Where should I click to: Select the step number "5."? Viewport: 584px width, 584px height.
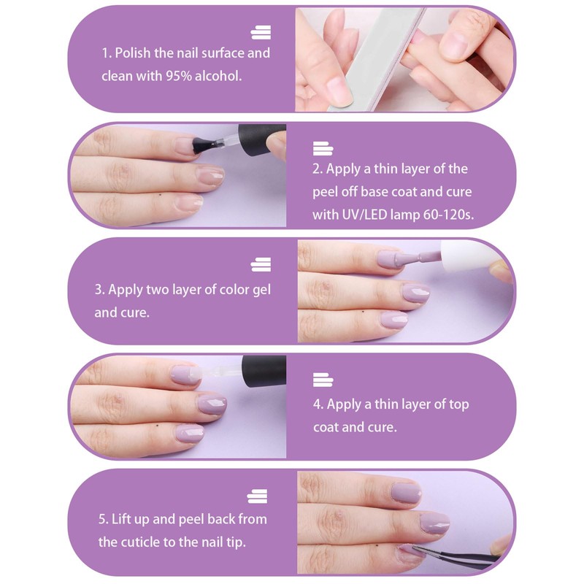pyautogui.click(x=103, y=519)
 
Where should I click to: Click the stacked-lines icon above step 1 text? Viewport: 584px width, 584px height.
pyautogui.click(x=261, y=32)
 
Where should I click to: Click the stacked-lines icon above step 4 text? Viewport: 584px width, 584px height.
pyautogui.click(x=322, y=380)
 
